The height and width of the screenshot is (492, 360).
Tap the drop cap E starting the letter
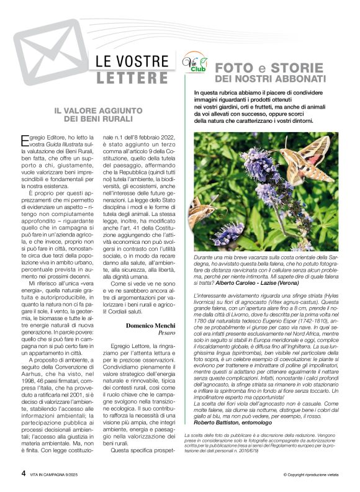click(25, 138)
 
